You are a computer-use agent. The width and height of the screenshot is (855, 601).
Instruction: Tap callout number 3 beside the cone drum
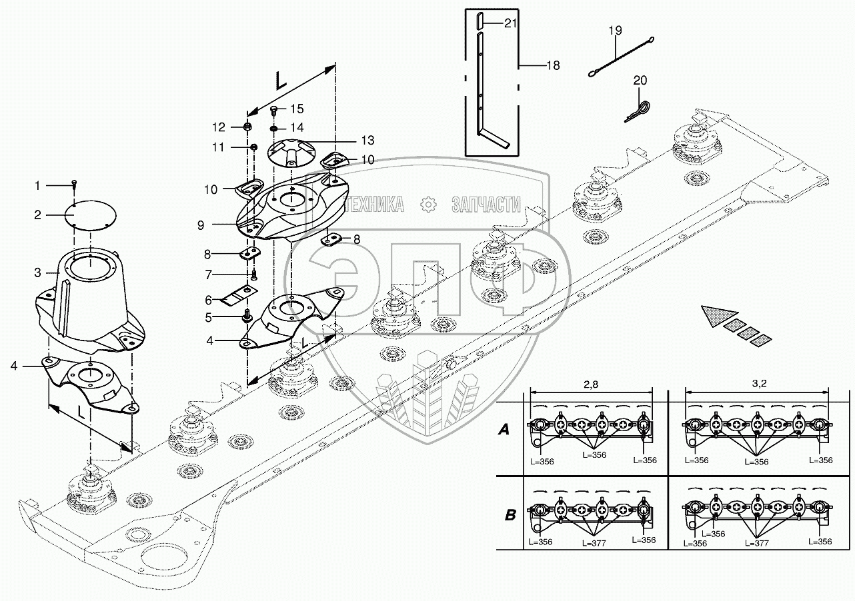click(38, 273)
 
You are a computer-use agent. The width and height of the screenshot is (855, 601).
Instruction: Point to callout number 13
click(366, 140)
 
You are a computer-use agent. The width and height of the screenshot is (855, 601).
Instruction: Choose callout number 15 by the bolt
click(296, 109)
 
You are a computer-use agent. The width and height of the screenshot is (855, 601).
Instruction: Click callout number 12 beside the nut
click(219, 127)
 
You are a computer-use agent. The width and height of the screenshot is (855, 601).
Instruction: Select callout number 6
click(209, 300)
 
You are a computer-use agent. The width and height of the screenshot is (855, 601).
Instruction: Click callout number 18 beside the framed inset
click(553, 65)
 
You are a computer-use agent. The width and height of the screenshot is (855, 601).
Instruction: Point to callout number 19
click(615, 31)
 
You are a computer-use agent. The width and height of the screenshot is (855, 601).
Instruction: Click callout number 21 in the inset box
click(511, 24)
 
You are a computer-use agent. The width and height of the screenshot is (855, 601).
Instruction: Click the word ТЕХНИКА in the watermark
click(374, 205)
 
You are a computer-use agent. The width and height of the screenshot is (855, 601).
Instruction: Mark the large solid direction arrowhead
click(720, 314)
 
